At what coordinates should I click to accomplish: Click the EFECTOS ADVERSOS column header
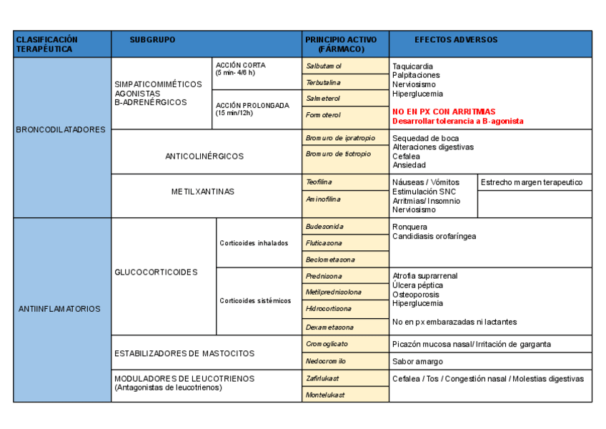pos(456,40)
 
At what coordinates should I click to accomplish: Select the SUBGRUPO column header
pos(152,40)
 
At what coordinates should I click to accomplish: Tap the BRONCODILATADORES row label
pos(61,130)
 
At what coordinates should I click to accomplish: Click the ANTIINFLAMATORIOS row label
pos(61,309)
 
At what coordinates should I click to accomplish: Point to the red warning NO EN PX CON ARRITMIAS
pos(444,112)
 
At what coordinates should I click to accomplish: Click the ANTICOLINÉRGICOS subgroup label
pos(204,156)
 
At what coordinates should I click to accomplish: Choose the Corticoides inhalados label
pos(254,243)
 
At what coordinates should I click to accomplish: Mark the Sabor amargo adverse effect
pos(417,362)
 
